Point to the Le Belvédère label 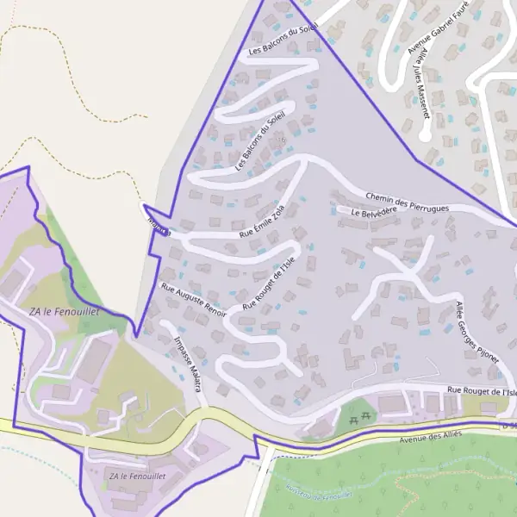[374, 210]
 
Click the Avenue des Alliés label [431, 434]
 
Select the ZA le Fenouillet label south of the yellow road [138, 476]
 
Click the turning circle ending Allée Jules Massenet [424, 135]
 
